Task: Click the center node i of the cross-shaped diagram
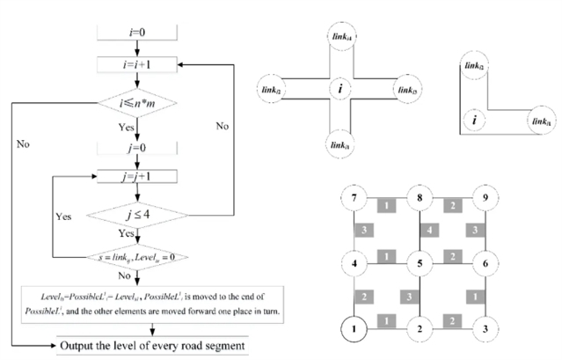coord(339,89)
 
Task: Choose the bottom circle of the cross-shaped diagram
coord(339,139)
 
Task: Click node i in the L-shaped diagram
coord(476,120)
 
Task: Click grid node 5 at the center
coord(420,262)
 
